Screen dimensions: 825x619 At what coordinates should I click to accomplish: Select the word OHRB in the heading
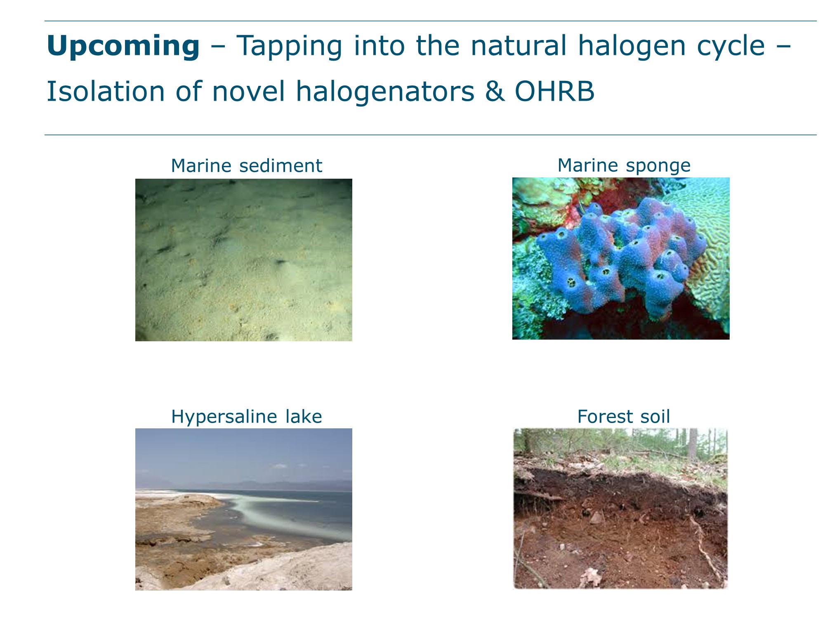pos(554,91)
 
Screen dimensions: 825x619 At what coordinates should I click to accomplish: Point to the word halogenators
pos(385,92)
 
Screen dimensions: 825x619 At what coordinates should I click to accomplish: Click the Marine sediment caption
pos(246,166)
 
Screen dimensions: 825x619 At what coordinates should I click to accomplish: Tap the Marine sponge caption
pos(624,166)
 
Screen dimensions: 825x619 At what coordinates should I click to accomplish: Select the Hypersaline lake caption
pos(246,417)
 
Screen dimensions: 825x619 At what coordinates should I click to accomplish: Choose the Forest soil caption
pos(624,416)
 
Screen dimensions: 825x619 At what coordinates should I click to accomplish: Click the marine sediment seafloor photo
pos(244,260)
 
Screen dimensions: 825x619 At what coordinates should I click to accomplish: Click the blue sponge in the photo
pos(619,256)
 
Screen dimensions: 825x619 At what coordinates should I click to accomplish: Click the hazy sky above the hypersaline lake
pos(244,454)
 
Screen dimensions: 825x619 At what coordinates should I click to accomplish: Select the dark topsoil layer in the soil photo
pos(619,487)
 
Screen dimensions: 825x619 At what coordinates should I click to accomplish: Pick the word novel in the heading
pos(248,91)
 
